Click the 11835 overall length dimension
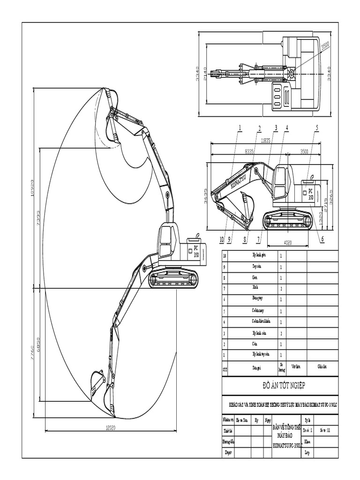tap(265, 140)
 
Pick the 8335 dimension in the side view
tap(249, 151)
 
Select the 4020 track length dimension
tap(287, 242)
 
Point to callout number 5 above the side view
tap(317, 127)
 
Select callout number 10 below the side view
tap(222, 239)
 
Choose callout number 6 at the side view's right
tap(322, 239)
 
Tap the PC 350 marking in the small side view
tap(310, 195)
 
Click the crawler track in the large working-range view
tap(172, 279)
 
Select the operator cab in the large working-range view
tap(166, 241)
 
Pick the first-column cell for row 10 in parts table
tap(225, 256)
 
